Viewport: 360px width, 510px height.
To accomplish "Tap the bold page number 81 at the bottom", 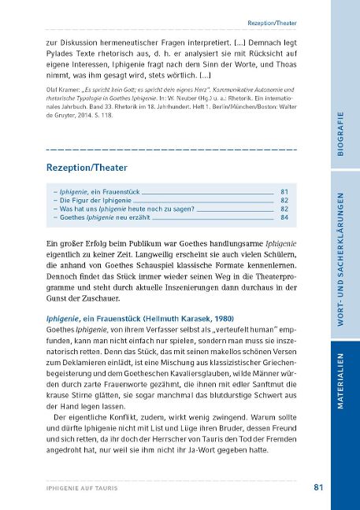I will [318, 487].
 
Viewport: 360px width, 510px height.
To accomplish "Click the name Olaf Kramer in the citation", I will [67, 90].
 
